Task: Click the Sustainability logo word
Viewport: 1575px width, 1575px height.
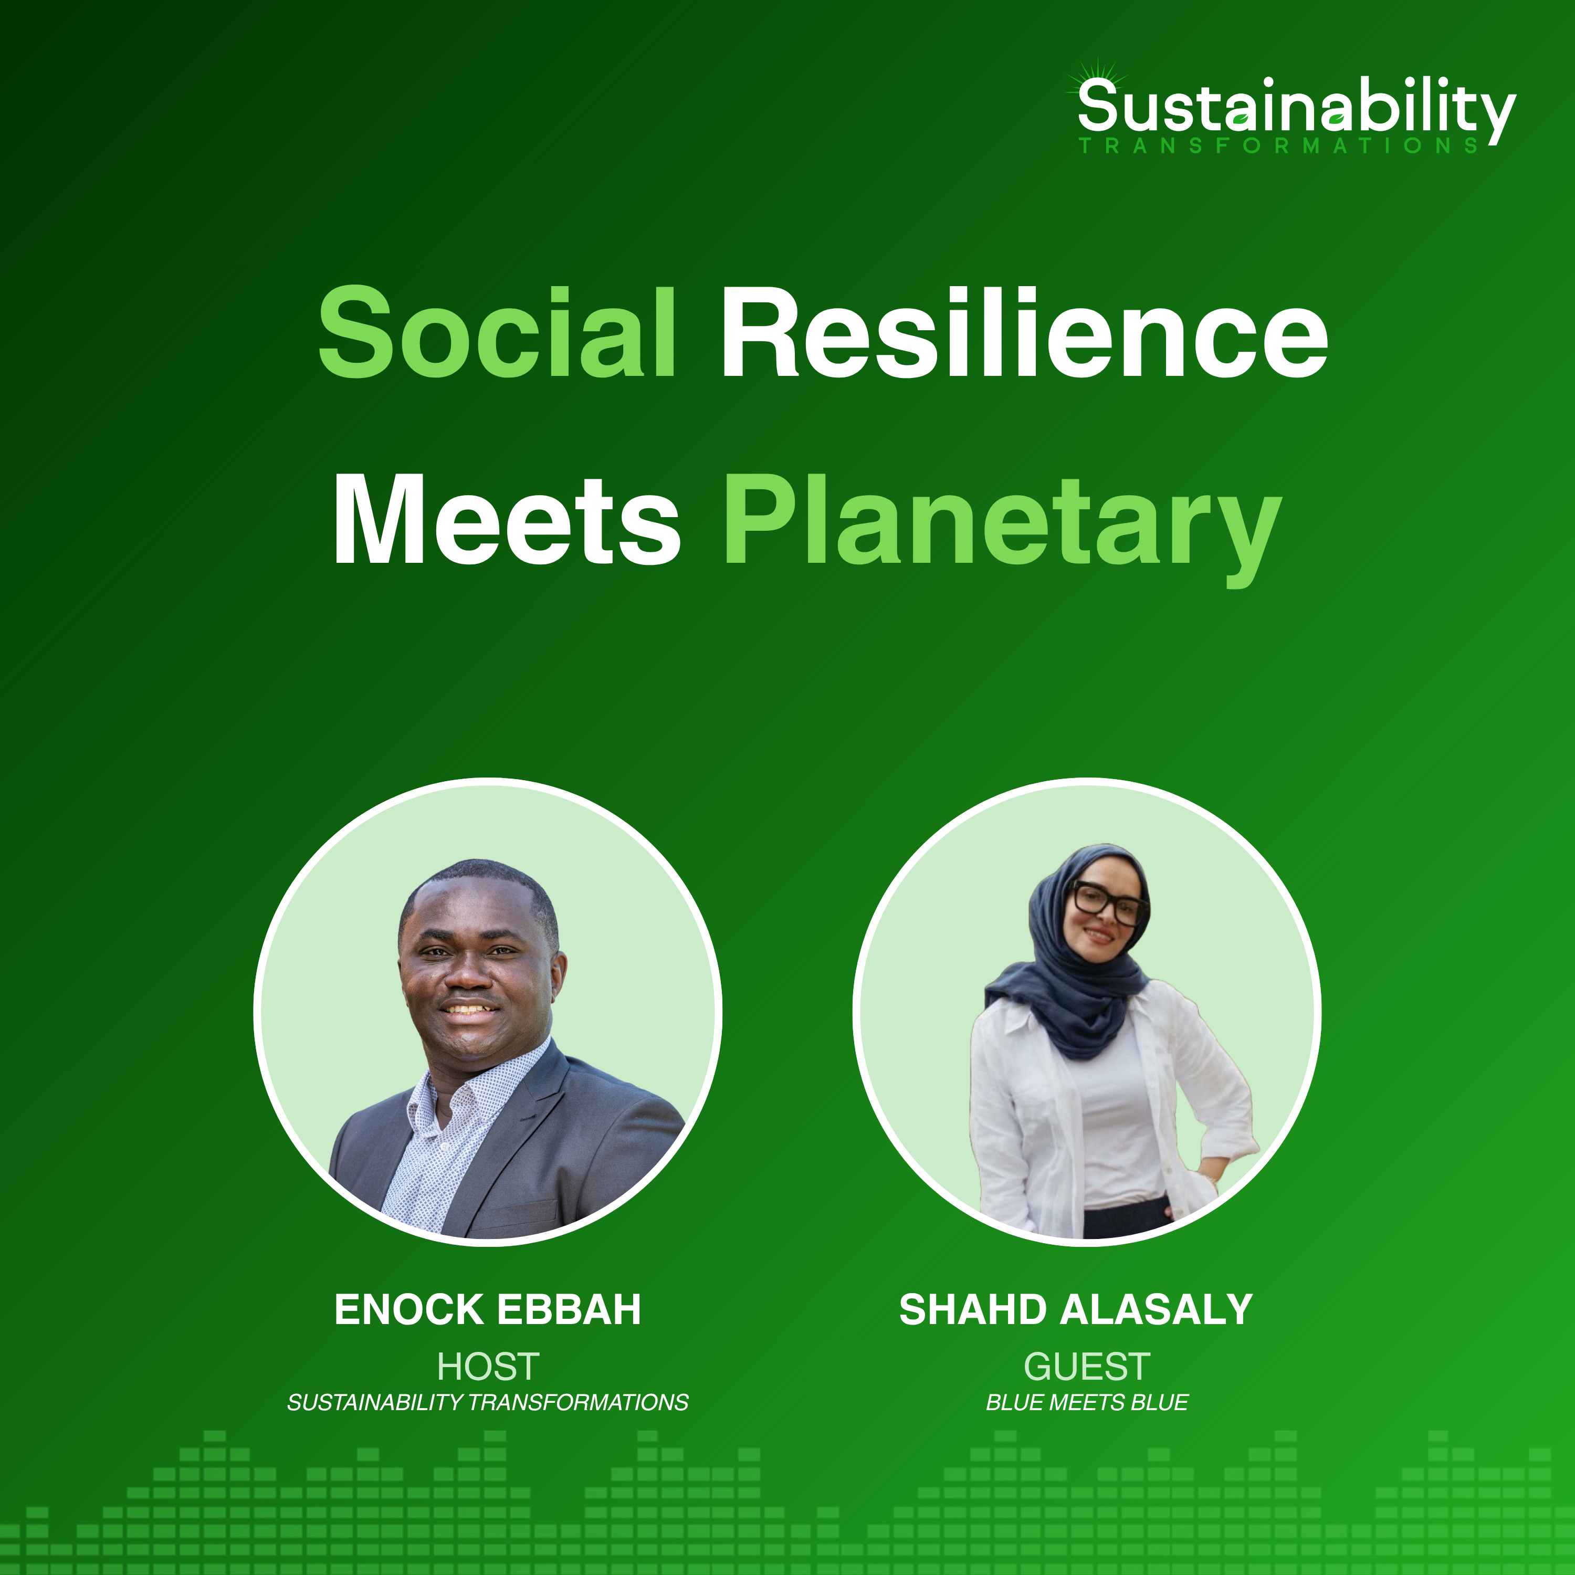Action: [x=1296, y=110]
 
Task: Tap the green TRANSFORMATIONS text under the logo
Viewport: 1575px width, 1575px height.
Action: [x=1278, y=146]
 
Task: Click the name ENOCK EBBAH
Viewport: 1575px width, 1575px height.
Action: [x=488, y=1309]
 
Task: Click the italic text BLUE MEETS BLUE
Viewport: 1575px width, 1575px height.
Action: [x=1087, y=1402]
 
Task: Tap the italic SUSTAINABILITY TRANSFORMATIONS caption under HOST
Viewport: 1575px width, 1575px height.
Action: [x=488, y=1402]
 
